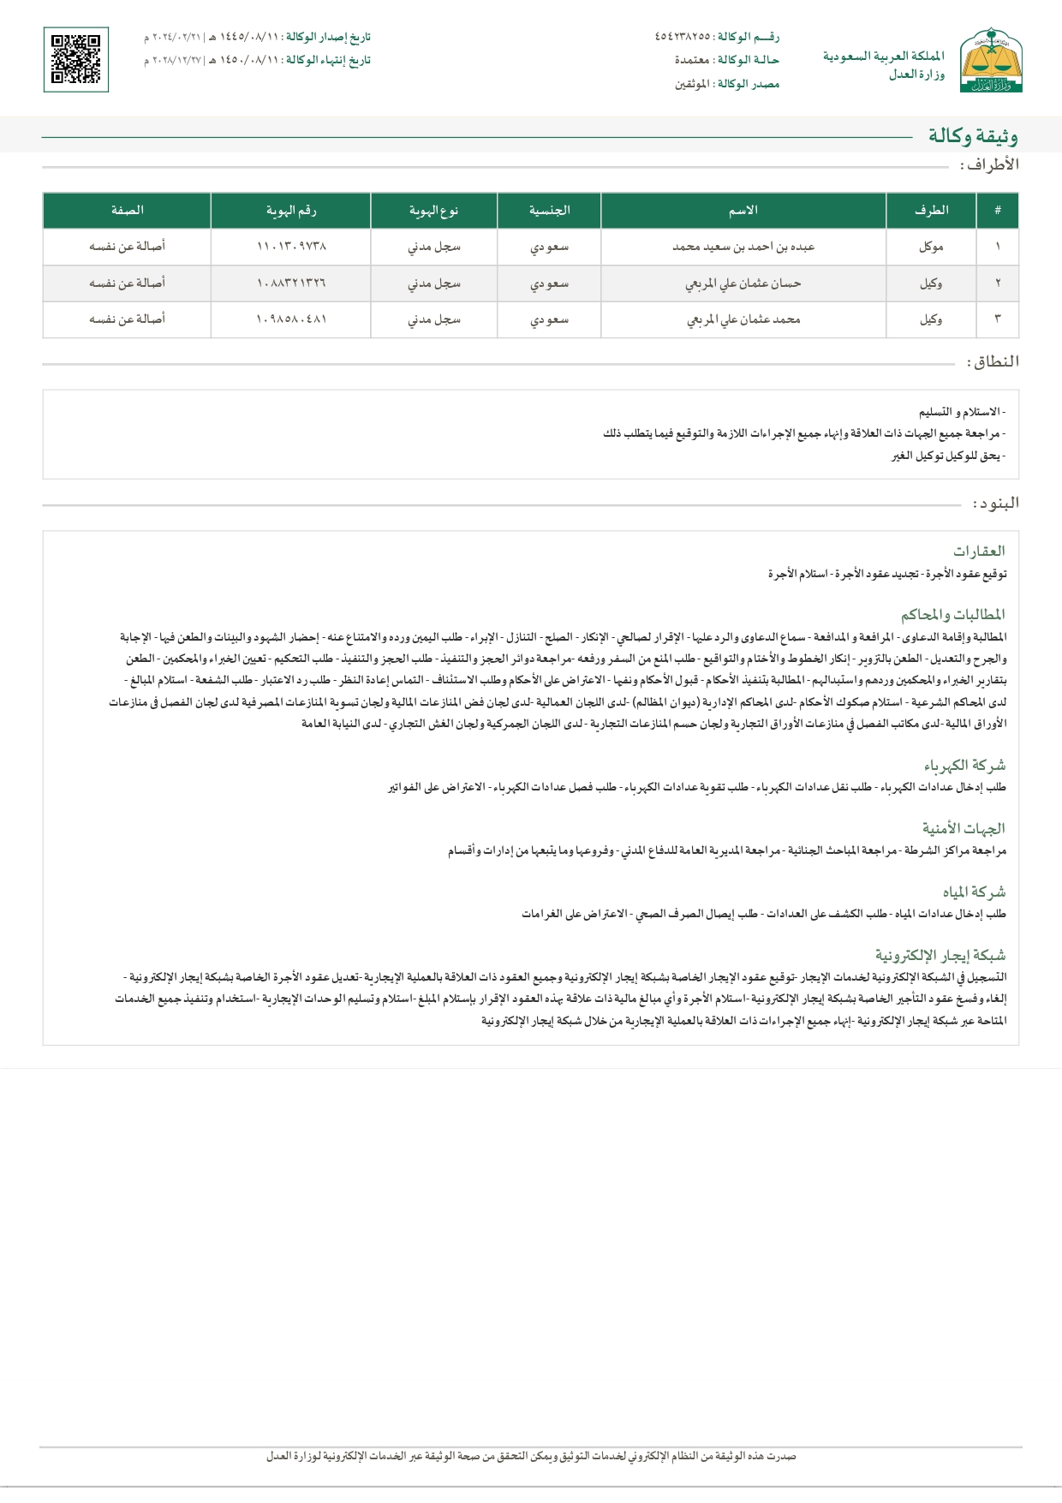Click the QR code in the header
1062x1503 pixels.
coord(76,59)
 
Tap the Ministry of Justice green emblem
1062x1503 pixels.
coord(991,59)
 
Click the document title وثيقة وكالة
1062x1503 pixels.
coord(973,136)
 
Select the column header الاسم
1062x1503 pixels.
coord(743,211)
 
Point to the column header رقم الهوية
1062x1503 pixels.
coord(290,211)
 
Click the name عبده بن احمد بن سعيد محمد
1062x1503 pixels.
coord(743,247)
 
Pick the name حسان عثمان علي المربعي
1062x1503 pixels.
coord(743,283)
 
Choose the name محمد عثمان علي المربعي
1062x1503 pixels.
coord(743,319)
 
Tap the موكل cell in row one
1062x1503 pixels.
coord(931,247)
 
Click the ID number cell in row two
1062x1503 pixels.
coord(290,283)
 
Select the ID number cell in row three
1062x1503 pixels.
coord(290,319)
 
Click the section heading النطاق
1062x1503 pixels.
coord(993,362)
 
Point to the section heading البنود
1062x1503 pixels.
coord(996,504)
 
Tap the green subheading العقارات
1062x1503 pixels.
coord(979,551)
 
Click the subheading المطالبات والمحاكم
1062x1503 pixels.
coord(952,614)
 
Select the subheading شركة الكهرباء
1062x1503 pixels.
coord(964,765)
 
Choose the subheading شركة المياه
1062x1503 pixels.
coord(974,892)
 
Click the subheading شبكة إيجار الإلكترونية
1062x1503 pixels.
coord(940,955)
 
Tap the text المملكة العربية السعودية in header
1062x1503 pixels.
coord(883,57)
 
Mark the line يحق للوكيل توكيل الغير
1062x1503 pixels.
coord(948,456)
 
